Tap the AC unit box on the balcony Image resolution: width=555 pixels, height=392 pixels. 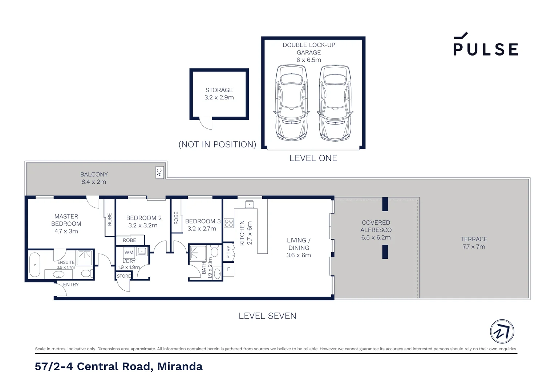[x=159, y=172]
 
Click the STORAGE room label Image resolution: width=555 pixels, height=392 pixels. [x=219, y=90]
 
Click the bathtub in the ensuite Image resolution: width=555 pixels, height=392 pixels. [x=35, y=265]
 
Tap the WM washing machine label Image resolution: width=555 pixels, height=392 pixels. [x=129, y=252]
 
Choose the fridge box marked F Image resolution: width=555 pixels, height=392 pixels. [x=228, y=269]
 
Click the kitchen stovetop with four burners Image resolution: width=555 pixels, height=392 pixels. [x=229, y=223]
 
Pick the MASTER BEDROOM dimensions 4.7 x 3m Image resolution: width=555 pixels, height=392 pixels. [x=66, y=231]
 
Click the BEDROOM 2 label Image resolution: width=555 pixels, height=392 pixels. [x=144, y=218]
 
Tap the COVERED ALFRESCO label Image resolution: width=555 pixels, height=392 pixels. [x=376, y=226]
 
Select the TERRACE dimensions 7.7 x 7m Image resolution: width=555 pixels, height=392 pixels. [x=474, y=247]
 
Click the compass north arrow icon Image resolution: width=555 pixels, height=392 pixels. [x=502, y=331]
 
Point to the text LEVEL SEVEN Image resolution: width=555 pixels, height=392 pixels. [x=267, y=316]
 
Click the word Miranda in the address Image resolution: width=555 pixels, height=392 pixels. [x=180, y=366]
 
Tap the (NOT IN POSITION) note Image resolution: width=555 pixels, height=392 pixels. [x=217, y=144]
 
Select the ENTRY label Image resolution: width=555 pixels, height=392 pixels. [x=71, y=285]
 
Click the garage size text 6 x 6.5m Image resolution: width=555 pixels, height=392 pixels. [x=309, y=60]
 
